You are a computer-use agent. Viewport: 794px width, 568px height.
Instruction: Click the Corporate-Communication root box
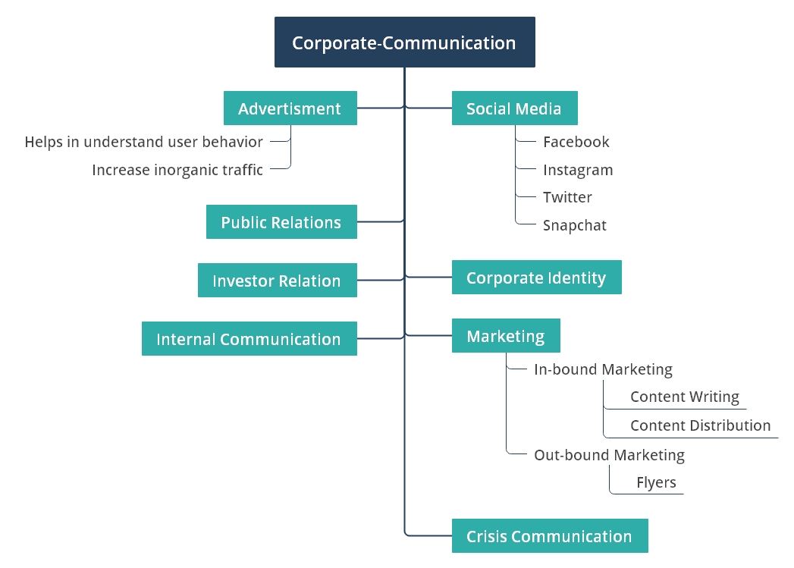[404, 42]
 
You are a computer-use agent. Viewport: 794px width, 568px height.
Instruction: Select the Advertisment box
[290, 108]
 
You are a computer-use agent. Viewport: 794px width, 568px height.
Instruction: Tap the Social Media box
[514, 108]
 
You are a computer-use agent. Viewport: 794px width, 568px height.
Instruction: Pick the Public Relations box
[281, 222]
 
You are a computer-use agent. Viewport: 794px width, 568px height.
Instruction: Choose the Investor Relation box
[277, 281]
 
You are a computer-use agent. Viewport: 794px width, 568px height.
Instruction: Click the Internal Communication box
[249, 339]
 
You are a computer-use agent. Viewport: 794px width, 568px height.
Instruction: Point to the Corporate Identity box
[536, 278]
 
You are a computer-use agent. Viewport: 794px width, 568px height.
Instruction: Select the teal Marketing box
[506, 336]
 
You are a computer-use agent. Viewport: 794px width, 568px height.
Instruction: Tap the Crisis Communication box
[549, 536]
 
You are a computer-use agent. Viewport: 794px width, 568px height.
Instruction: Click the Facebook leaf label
[576, 142]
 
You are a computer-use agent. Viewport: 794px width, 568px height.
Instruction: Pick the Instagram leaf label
[578, 170]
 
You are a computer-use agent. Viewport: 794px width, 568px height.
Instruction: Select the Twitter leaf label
[567, 197]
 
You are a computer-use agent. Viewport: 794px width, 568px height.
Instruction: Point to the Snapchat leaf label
[575, 225]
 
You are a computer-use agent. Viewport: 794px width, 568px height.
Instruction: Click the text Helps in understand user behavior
[144, 142]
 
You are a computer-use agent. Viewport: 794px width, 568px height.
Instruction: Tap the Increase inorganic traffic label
[177, 170]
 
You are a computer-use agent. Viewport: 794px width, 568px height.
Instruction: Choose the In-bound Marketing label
[603, 370]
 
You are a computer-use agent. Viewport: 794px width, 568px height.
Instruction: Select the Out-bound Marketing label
[609, 455]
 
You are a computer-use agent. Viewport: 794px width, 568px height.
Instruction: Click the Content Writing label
[685, 397]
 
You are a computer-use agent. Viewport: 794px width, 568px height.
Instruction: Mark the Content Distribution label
[700, 425]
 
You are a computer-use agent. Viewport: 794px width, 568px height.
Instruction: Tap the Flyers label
[656, 482]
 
